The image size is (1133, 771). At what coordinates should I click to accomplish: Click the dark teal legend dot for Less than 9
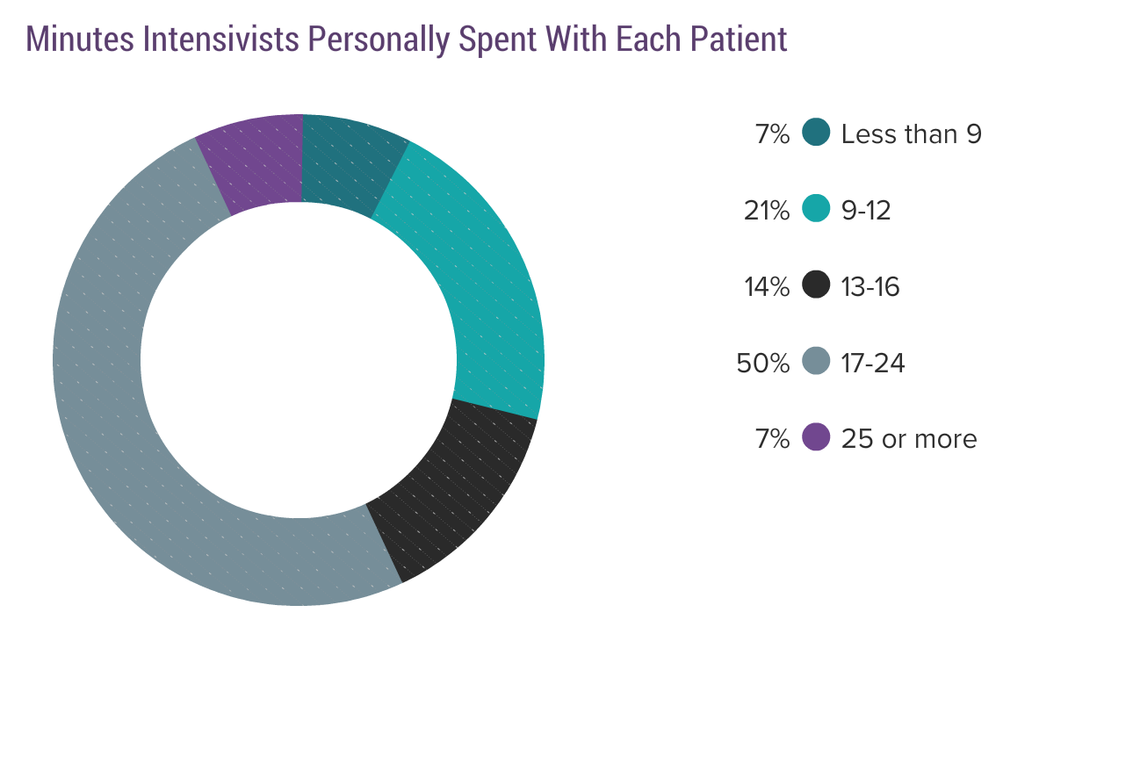click(816, 133)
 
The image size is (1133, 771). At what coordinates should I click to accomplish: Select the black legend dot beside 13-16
click(816, 285)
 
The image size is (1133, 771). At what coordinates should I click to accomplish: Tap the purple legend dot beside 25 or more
click(816, 437)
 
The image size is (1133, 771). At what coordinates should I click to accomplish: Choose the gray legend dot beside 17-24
click(816, 362)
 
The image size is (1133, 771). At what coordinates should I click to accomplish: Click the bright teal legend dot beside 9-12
click(816, 210)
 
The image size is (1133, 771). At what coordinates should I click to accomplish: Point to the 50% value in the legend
click(763, 363)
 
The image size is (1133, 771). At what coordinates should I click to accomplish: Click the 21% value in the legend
click(767, 211)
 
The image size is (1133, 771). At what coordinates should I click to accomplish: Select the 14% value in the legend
click(767, 286)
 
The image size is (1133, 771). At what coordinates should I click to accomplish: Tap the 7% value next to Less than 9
click(772, 134)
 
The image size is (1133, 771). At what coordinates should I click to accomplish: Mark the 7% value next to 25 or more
click(772, 438)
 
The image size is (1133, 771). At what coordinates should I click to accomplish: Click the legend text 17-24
click(872, 363)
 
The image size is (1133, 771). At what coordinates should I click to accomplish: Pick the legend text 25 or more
click(908, 438)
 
